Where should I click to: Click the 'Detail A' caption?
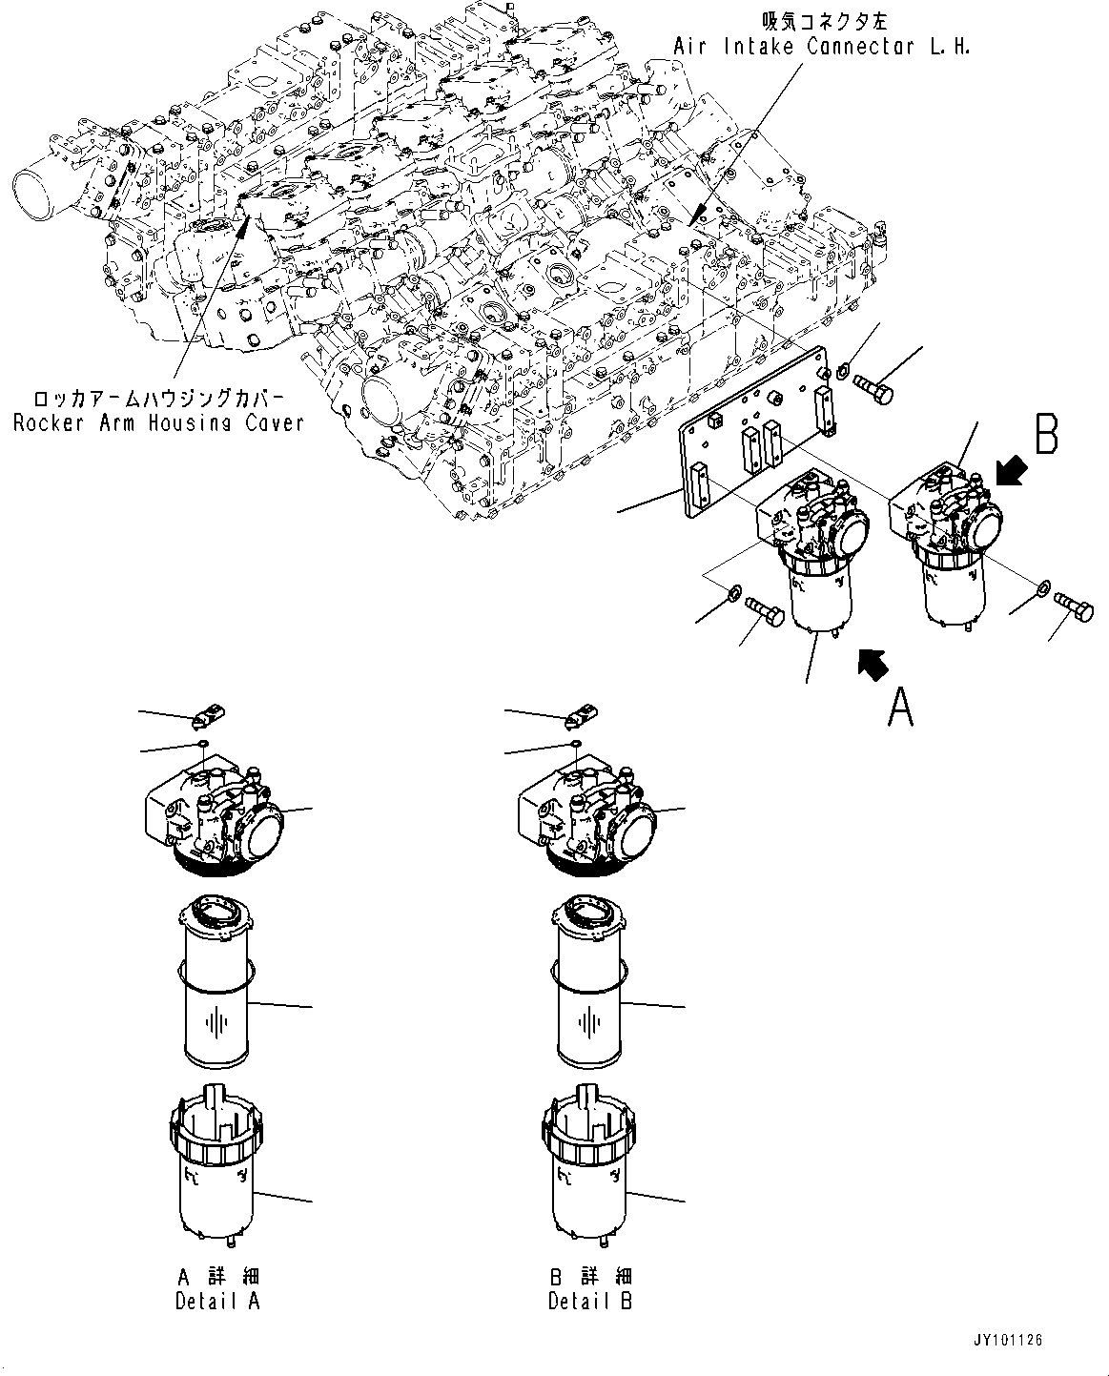[x=217, y=1287]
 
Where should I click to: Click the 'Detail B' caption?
[x=590, y=1287]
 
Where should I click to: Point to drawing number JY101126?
[x=1008, y=1341]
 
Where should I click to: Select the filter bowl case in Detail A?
[x=216, y=1173]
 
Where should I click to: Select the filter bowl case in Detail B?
[x=588, y=1173]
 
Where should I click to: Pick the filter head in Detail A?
[x=216, y=811]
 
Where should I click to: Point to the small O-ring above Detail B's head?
[x=576, y=743]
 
